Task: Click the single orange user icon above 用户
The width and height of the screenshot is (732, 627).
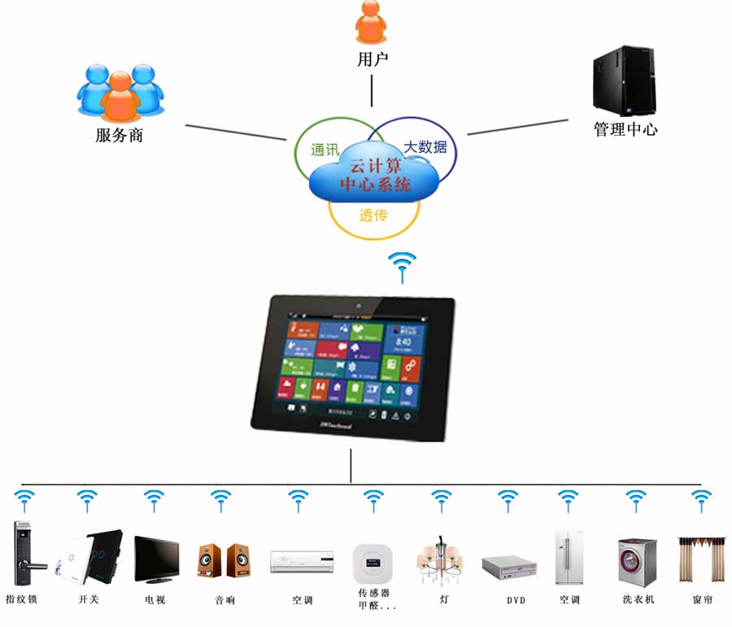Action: (371, 22)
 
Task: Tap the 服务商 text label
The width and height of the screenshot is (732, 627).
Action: (120, 136)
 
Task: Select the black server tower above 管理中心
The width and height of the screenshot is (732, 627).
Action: (625, 80)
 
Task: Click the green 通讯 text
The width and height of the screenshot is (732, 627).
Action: (325, 150)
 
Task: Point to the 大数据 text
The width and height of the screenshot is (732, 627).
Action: (425, 147)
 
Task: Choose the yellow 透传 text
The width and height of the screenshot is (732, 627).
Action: (373, 216)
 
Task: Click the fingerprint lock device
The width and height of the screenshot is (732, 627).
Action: (23, 554)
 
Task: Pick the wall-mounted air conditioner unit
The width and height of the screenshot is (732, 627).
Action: (302, 560)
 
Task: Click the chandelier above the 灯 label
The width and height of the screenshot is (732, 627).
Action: (442, 559)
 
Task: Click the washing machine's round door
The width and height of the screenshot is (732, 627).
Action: (636, 565)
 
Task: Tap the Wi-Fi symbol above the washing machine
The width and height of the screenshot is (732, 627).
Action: (635, 499)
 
